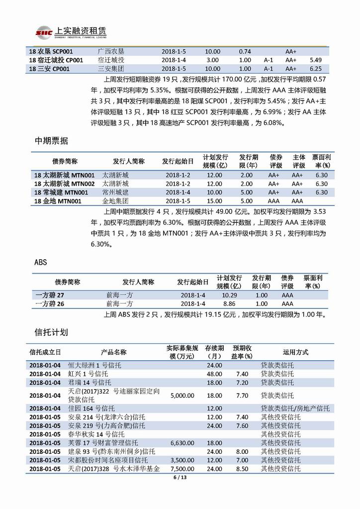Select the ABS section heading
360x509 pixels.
point(41,262)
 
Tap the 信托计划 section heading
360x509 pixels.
point(51,332)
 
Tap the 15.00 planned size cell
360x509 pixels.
point(214,201)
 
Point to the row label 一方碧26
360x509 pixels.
point(50,304)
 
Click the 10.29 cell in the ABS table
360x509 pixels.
point(229,295)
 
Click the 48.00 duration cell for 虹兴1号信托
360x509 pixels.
point(214,374)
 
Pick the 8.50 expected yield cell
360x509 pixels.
point(242,469)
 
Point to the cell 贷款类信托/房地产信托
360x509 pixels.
point(295,408)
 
